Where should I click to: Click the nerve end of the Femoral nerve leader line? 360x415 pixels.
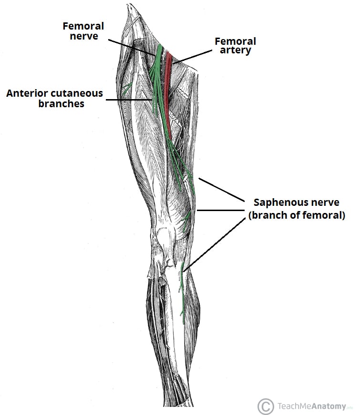[x=156, y=55]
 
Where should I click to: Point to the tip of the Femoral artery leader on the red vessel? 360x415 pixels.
[x=172, y=63]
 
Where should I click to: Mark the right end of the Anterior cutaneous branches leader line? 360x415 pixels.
[x=153, y=100]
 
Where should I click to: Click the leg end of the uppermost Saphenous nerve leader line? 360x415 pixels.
[x=199, y=178]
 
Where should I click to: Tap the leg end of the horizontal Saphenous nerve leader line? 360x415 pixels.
[x=197, y=211]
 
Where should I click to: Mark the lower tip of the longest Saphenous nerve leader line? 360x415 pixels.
[x=183, y=271]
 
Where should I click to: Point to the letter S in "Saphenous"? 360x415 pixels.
[x=257, y=202]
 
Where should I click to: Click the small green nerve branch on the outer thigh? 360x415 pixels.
[x=127, y=89]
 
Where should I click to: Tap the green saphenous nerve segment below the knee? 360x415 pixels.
[x=182, y=293]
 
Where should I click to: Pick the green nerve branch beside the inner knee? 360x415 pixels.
[x=186, y=222]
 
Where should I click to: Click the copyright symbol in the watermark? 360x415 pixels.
[x=266, y=406]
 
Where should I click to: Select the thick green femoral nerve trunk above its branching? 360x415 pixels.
[x=159, y=56]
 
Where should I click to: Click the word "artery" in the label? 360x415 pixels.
[x=236, y=51]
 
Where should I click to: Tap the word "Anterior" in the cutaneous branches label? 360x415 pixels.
[x=25, y=93]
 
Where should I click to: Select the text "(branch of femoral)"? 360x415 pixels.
[x=297, y=215]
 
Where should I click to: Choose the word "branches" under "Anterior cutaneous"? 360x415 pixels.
[x=61, y=103]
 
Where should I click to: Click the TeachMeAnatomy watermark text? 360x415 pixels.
[x=312, y=406]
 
